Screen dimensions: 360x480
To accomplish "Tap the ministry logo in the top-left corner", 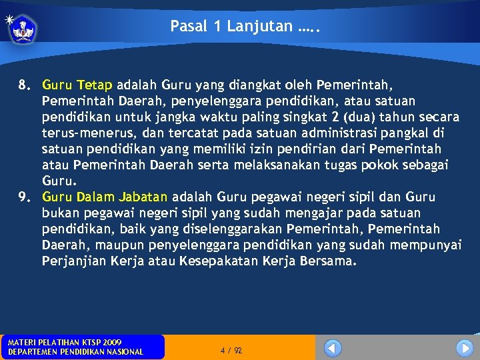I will pyautogui.click(x=23, y=29).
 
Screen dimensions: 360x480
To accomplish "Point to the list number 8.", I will pyautogui.click(x=25, y=85).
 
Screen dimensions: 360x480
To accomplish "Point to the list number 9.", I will pyautogui.click(x=25, y=197).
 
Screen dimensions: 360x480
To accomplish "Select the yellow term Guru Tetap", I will pyautogui.click(x=77, y=85).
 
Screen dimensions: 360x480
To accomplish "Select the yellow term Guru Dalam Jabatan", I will pyautogui.click(x=105, y=197).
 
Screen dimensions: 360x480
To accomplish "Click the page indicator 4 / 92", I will pyautogui.click(x=231, y=350).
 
